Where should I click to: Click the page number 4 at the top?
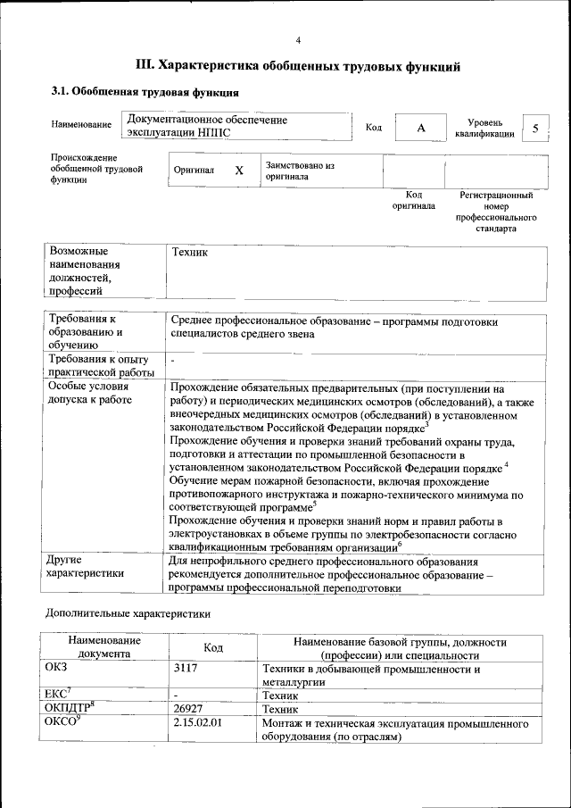pos(299,39)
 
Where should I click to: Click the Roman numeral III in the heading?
pos(145,65)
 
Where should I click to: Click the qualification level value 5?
pos(535,129)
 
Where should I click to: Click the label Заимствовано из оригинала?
pos(299,171)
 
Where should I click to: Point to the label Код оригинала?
pos(413,200)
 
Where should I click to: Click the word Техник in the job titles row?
pos(188,253)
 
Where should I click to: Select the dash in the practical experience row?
pos(173,360)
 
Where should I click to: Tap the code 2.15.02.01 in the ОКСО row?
pos(197,721)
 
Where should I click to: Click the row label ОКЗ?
pos(55,668)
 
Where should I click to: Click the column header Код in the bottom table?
pos(213,647)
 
